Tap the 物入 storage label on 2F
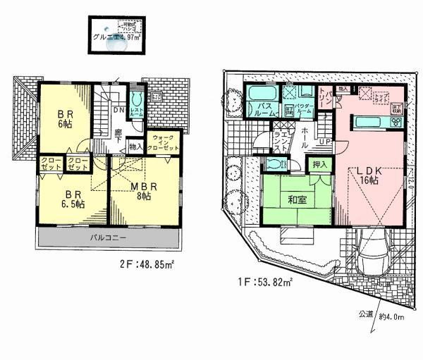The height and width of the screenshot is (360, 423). click(x=135, y=146)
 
